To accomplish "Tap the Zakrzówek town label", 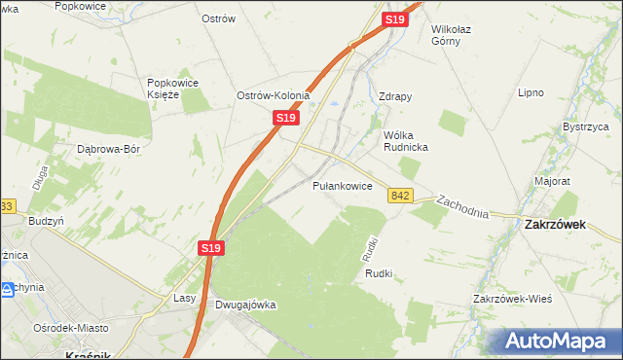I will (x=553, y=223).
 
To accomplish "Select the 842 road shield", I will (x=400, y=196).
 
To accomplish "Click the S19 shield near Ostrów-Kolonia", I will (x=284, y=118).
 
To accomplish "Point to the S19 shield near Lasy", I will (x=213, y=249).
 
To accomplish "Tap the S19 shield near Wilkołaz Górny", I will (x=394, y=19).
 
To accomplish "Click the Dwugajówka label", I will (x=245, y=305).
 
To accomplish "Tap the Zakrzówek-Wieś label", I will (x=512, y=298).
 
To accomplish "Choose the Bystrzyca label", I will (x=585, y=126).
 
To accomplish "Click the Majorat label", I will (x=552, y=181).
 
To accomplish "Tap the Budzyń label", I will (x=46, y=221).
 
